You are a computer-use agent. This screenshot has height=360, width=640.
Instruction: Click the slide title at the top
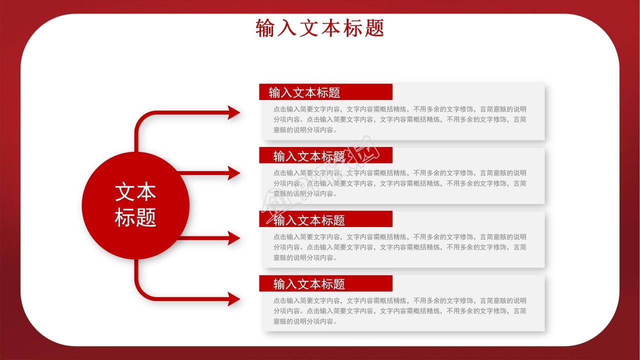coord(319,28)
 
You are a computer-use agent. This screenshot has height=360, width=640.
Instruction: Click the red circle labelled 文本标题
coord(135,205)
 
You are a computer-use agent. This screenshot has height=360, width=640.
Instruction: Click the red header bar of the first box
coord(325,92)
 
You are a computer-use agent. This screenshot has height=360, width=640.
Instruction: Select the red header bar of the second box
coord(325,156)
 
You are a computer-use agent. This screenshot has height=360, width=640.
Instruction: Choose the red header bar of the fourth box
coord(325,284)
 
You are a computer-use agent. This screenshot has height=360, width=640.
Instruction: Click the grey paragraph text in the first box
coord(399,119)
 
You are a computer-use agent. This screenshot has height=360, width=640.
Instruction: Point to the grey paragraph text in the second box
coord(399,183)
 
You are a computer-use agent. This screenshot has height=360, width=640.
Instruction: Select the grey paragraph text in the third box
coord(399,247)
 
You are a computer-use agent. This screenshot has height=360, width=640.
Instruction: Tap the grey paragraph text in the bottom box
coord(399,311)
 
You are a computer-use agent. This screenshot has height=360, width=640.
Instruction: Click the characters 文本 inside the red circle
coord(135,192)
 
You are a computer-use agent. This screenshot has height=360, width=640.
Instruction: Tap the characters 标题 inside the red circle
coord(135,217)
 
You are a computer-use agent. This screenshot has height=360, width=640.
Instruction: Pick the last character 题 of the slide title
coord(374,28)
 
